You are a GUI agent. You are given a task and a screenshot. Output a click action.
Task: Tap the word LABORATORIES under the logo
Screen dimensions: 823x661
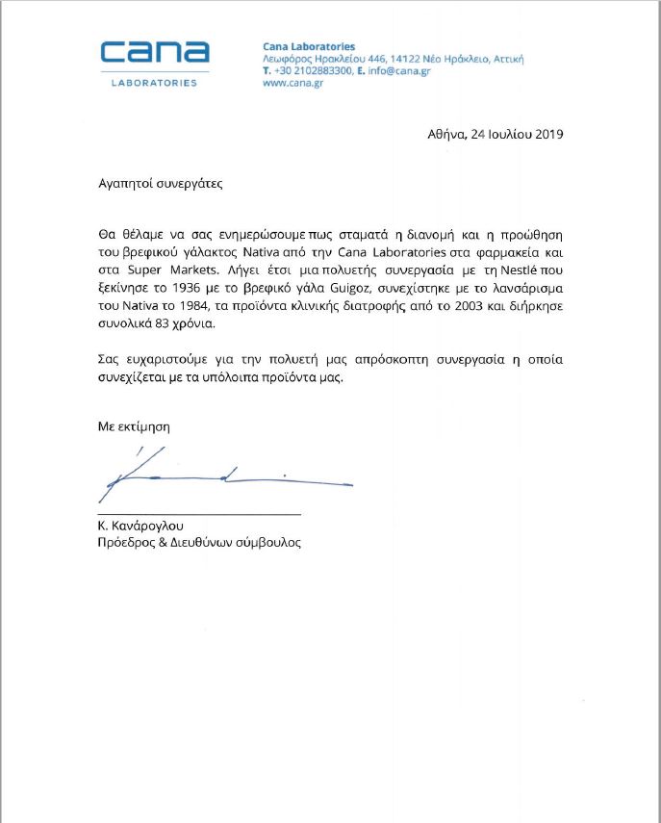[155, 83]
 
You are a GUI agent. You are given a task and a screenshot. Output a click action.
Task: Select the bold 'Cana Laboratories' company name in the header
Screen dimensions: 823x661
[309, 46]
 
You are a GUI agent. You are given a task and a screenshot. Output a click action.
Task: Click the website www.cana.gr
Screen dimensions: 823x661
[292, 83]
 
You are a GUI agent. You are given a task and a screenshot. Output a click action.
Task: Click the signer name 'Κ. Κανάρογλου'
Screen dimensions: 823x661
[140, 526]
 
